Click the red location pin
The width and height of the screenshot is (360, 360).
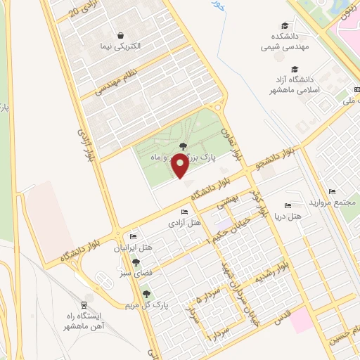tap(181, 167)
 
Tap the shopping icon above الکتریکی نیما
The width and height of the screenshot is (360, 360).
tap(121, 34)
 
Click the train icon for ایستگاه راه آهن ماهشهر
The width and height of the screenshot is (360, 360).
tap(84, 305)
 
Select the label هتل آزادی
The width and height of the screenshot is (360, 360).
tap(184, 224)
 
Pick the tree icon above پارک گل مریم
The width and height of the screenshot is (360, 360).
tap(146, 294)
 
